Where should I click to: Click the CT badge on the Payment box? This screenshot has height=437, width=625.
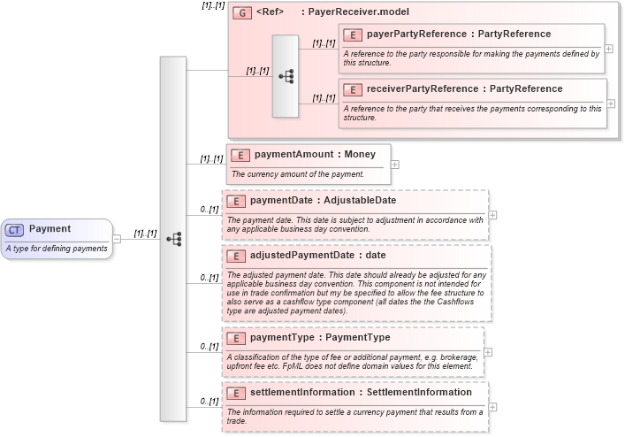(15, 230)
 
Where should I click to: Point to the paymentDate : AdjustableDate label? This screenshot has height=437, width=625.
(323, 200)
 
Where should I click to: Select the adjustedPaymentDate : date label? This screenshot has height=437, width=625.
(317, 256)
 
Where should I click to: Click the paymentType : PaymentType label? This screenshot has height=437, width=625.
(319, 337)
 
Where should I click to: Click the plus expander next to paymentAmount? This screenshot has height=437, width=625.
(395, 164)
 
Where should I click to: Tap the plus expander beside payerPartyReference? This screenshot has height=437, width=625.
(609, 49)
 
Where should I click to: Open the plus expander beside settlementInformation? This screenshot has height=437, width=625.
(492, 407)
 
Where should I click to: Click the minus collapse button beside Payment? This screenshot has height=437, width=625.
(117, 239)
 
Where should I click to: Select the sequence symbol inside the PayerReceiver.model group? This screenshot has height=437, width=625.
(286, 76)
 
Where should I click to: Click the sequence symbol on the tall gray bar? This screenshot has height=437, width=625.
(173, 239)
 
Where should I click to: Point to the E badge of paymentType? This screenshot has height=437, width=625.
(236, 338)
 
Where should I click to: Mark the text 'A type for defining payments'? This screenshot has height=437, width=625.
(57, 249)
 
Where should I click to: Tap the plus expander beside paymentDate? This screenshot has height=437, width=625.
(492, 214)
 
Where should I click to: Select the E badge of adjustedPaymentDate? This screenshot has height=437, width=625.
(236, 257)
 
